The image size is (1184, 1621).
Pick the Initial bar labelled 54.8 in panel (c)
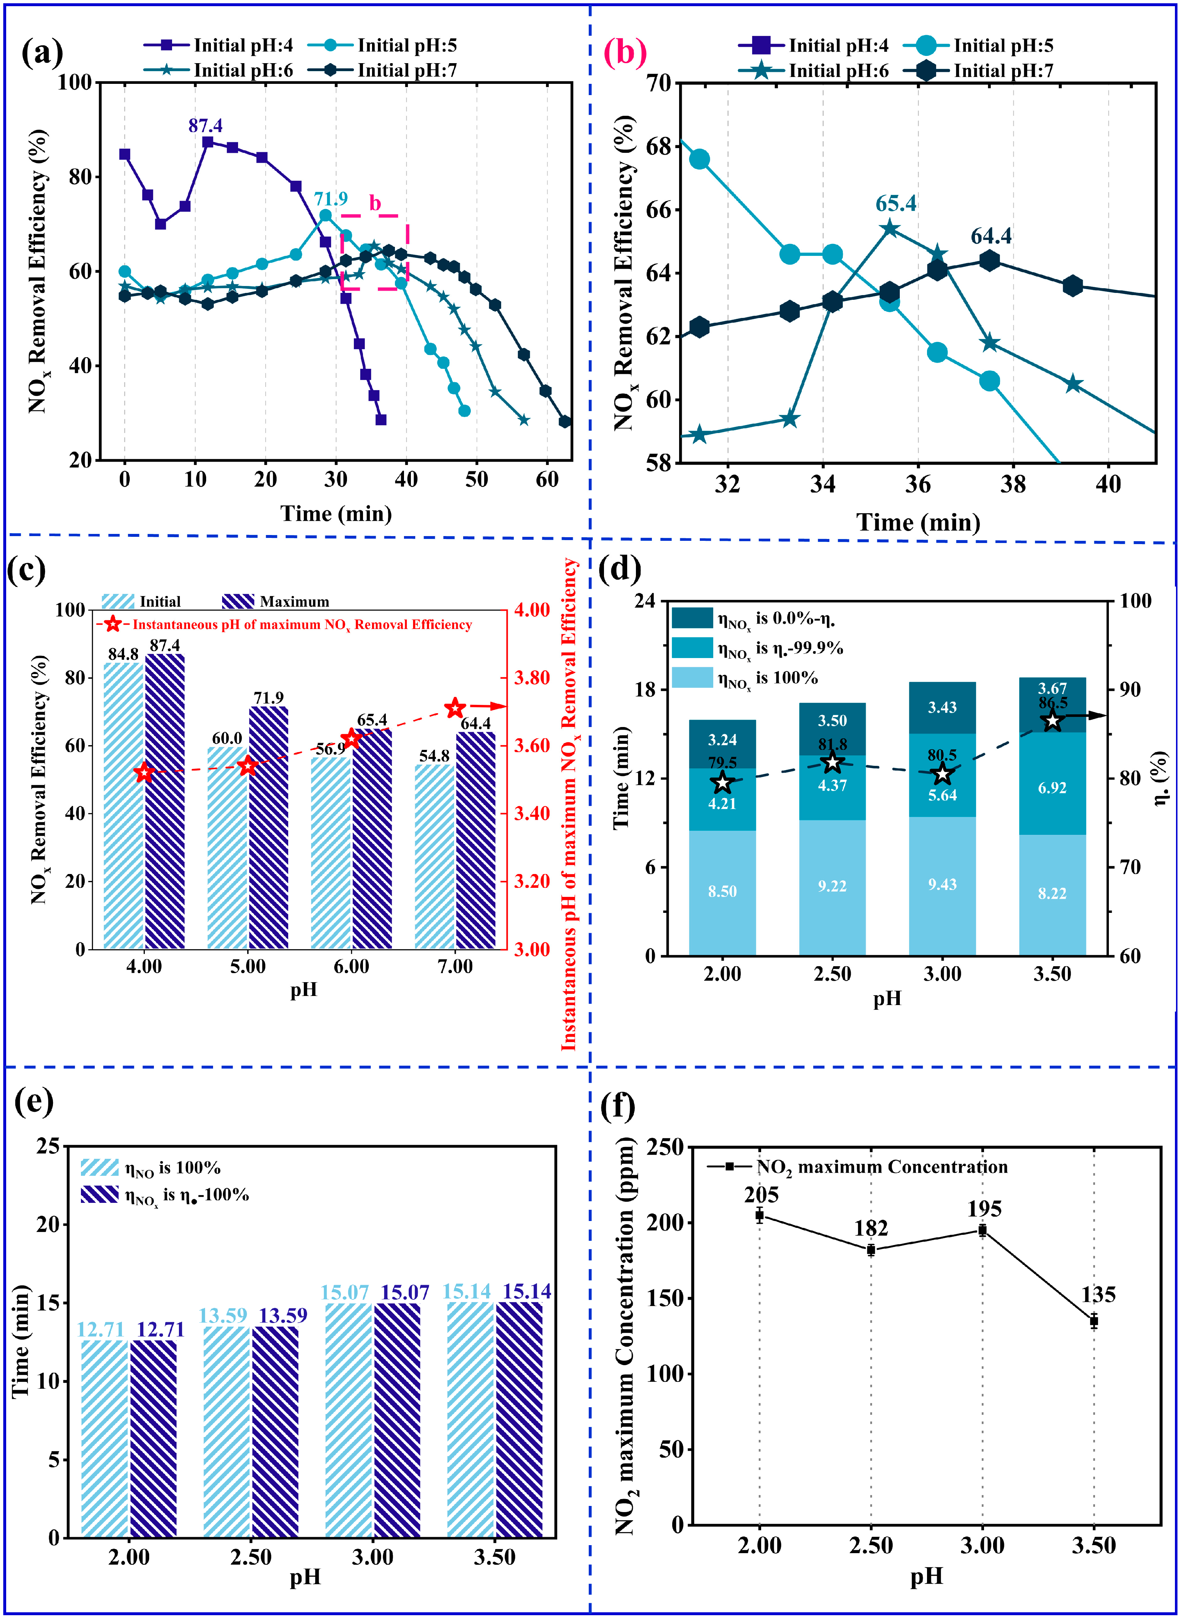coord(434,856)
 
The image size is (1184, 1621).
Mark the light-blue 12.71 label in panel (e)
coord(100,1329)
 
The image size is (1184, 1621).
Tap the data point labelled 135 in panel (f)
coord(1094,1321)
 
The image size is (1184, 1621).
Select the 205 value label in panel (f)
coord(761,1195)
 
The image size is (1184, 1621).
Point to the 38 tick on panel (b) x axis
coord(1013,485)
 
